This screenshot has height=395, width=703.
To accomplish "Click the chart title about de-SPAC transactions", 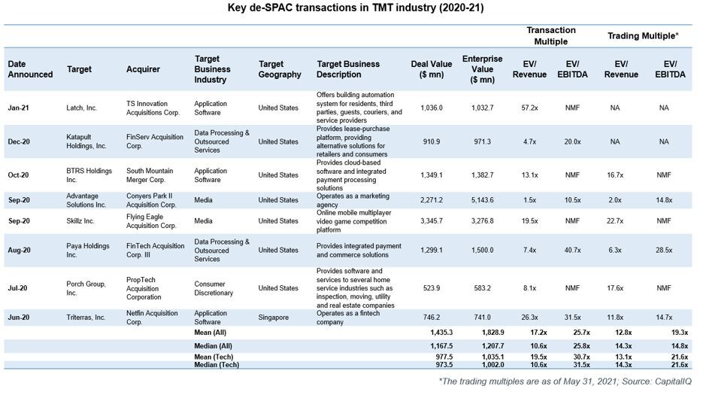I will [x=351, y=9].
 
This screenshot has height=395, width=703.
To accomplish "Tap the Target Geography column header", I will [x=280, y=69].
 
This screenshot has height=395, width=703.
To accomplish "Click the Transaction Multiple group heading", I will [x=550, y=35].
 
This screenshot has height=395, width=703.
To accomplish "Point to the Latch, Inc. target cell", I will [x=82, y=108].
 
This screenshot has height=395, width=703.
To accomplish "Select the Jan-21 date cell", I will [x=19, y=108].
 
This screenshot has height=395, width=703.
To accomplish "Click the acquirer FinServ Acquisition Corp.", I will [x=155, y=141].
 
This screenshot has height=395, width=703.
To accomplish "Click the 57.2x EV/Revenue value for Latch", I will [x=529, y=108].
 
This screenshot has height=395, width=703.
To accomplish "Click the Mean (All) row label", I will [x=213, y=332].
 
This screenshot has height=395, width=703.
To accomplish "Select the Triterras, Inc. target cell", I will [x=85, y=318].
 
